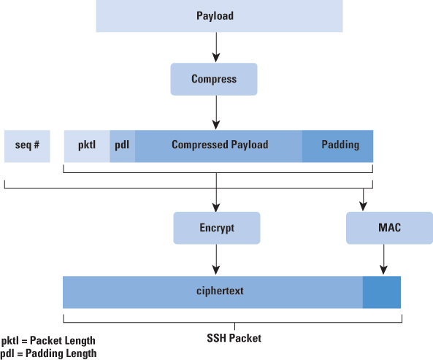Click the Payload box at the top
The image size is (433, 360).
coord(219,16)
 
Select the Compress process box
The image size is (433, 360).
coord(214,80)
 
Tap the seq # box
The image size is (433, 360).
coord(27,146)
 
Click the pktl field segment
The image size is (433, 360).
coord(87,146)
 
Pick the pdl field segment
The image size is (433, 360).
coord(123,146)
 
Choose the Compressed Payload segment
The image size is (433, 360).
coord(218,146)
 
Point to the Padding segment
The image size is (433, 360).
coord(337,146)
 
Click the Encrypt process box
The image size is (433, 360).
coord(217,228)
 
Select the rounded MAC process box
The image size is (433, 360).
coord(389,228)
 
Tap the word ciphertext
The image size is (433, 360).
coord(220,291)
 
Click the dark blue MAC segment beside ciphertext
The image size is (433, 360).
coord(382,292)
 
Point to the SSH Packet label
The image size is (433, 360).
coord(234,338)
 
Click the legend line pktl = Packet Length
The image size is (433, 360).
coord(48,341)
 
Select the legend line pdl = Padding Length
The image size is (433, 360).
coord(48,353)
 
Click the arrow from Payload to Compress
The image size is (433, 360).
coord(216,47)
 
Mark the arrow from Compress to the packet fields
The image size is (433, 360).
coord(216,112)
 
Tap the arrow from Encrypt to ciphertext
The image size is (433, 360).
coord(216,259)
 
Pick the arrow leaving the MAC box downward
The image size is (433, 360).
coord(383,259)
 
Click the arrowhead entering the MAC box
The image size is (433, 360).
coord(363,206)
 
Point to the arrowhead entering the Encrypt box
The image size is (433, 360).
coord(216,207)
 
